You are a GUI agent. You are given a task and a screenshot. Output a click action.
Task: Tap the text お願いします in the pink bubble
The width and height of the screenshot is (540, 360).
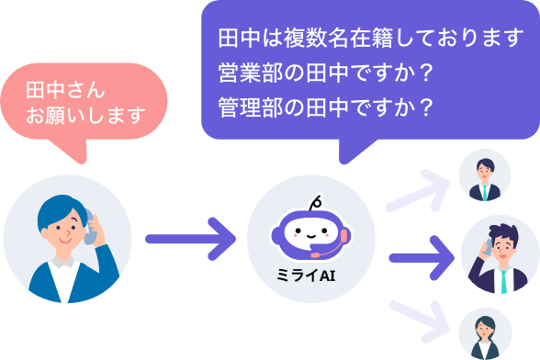pyautogui.click(x=86, y=116)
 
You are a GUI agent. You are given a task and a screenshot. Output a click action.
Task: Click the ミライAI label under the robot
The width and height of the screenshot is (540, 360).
pyautogui.click(x=310, y=272)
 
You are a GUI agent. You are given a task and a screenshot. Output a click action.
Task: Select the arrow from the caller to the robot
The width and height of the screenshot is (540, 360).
pyautogui.click(x=192, y=239)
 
